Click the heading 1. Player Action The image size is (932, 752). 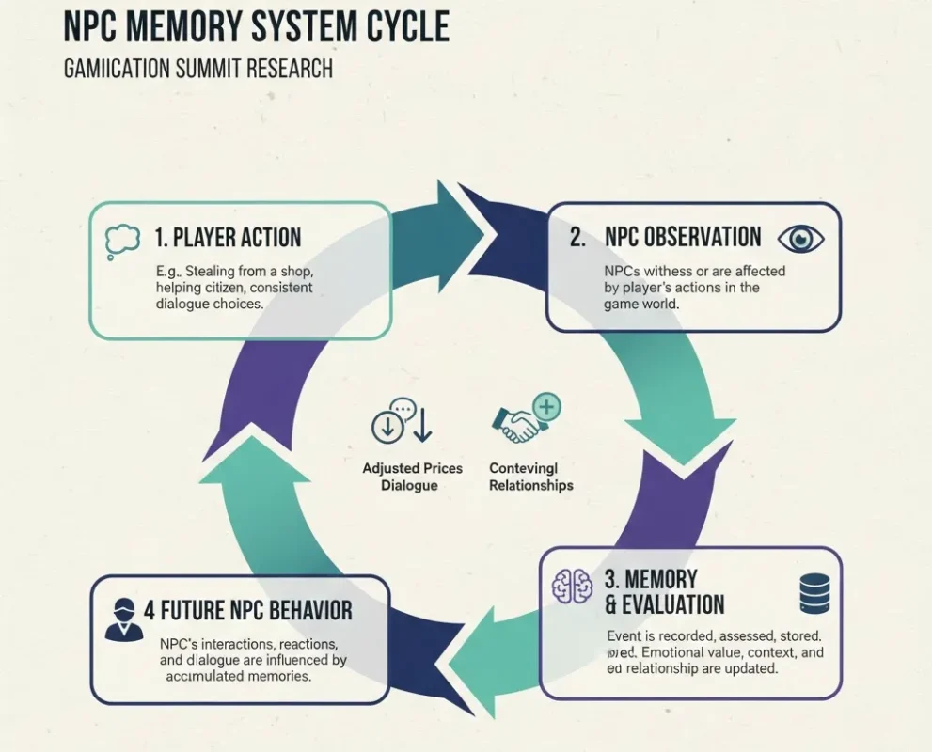[x=229, y=238]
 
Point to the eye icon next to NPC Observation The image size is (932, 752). [x=800, y=238]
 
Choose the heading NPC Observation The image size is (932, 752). [x=683, y=237]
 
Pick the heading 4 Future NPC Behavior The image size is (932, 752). [x=248, y=610]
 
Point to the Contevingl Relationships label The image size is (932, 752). [x=530, y=477]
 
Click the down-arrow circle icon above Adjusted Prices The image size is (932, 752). [x=386, y=426]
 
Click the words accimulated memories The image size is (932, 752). [x=238, y=676]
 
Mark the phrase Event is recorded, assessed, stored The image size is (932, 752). [x=714, y=635]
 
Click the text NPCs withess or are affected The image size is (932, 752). [x=694, y=272]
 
